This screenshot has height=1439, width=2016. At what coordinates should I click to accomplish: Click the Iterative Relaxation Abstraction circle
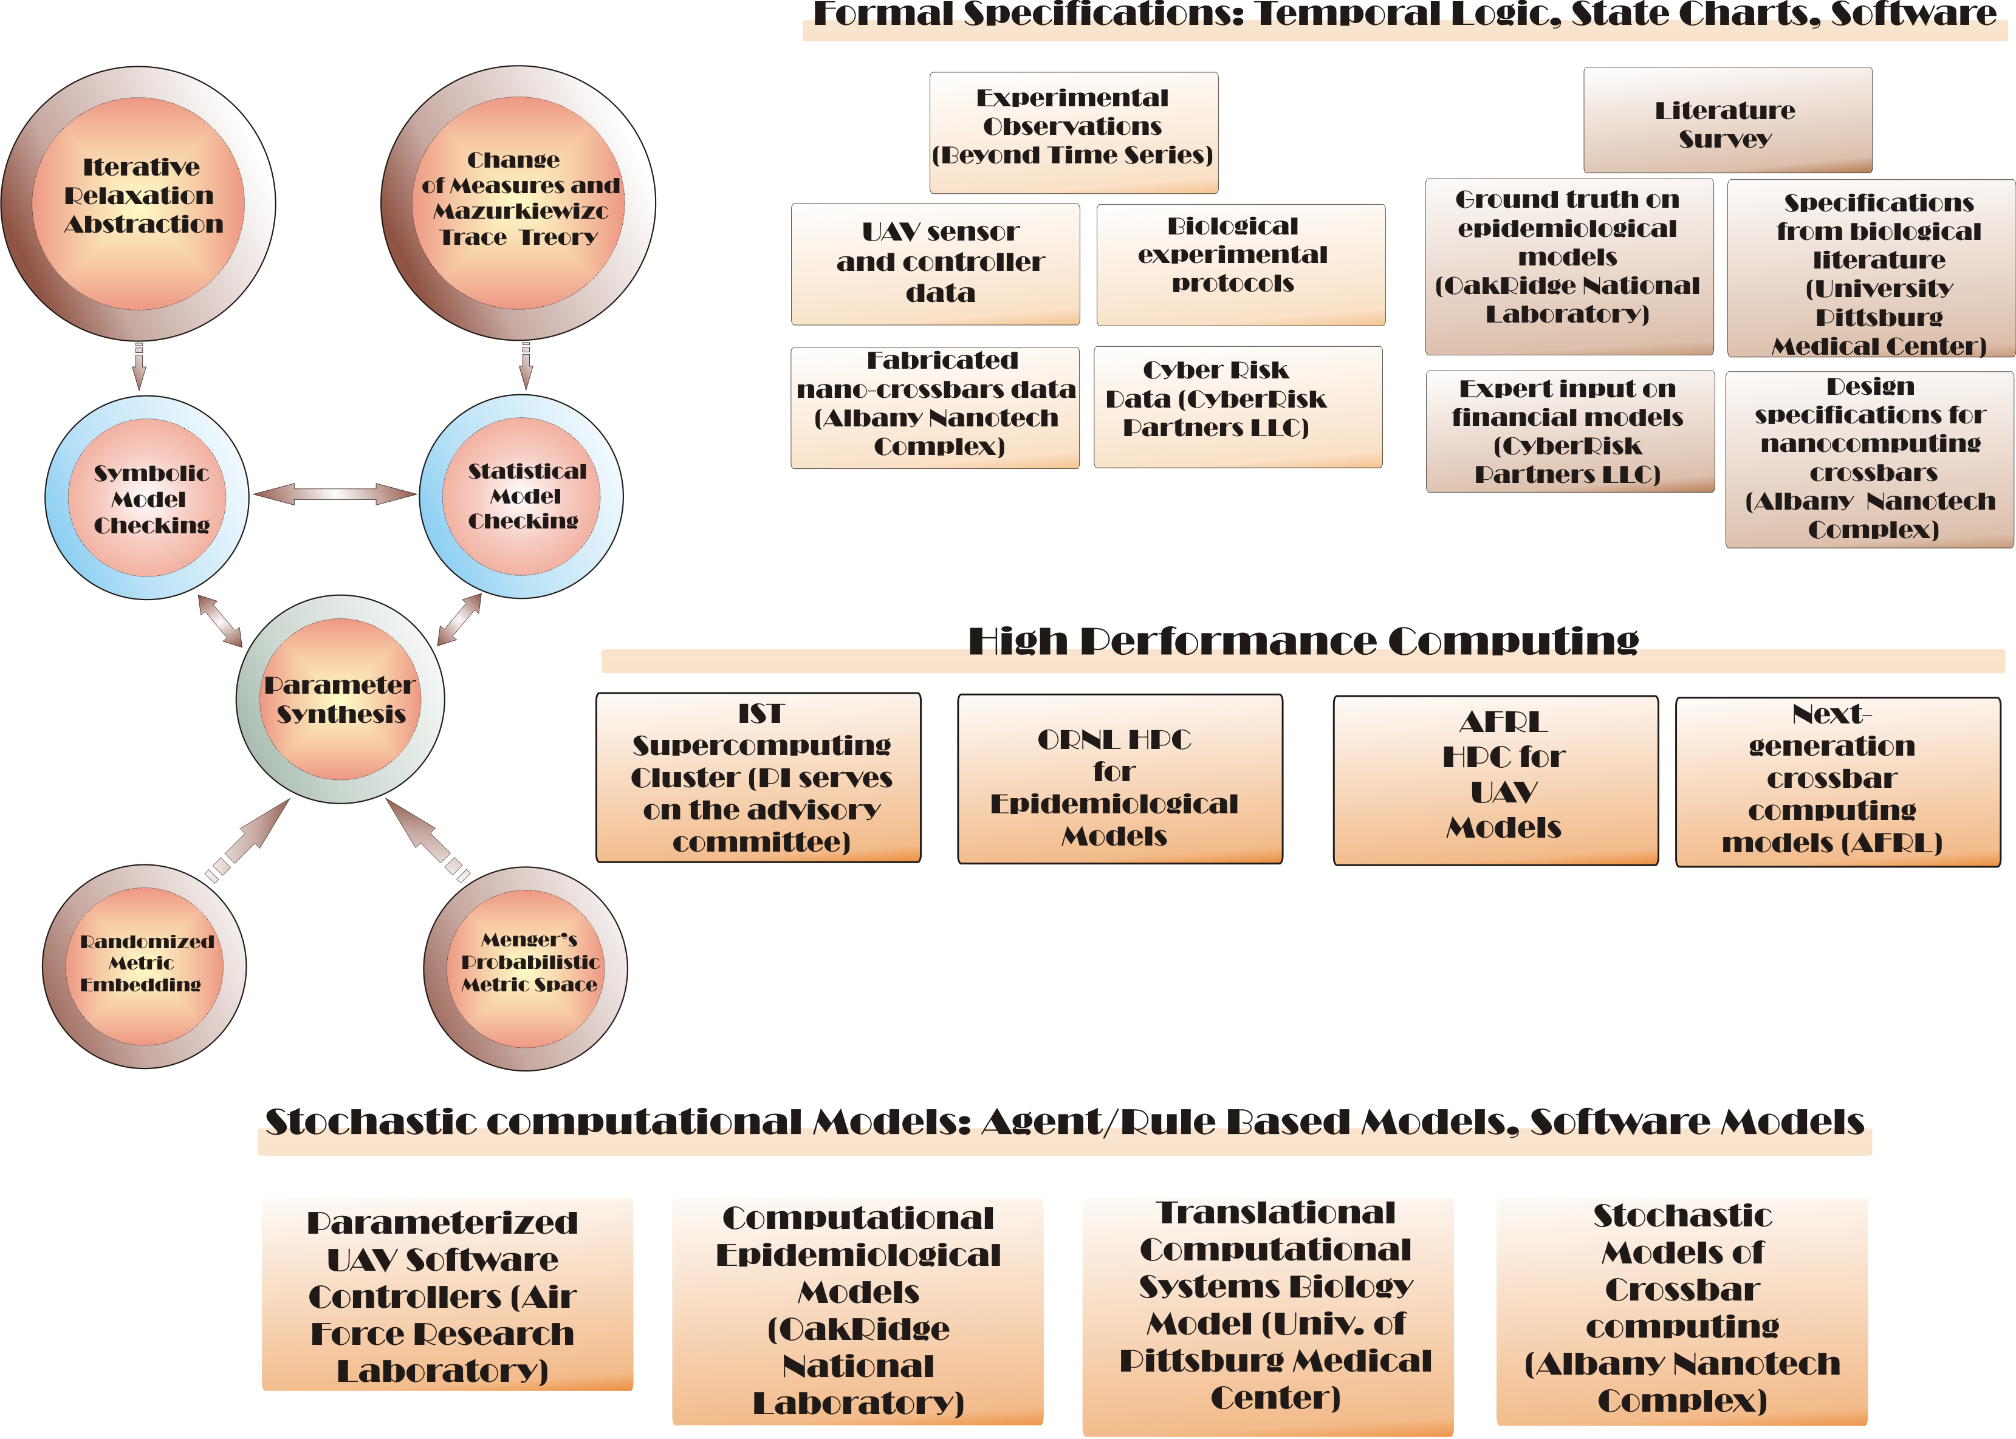click(x=139, y=202)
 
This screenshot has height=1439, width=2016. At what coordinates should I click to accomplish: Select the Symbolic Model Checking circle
click(x=147, y=497)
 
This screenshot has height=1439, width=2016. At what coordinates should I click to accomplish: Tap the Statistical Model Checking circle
click(x=521, y=496)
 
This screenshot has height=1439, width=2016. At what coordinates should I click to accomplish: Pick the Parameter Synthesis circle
click(x=340, y=699)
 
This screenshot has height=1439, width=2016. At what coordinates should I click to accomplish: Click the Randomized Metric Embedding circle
click(x=145, y=966)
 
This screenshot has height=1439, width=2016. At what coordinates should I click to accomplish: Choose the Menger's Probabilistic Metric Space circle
click(x=526, y=966)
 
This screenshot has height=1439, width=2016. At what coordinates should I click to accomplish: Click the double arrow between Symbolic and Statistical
click(x=334, y=494)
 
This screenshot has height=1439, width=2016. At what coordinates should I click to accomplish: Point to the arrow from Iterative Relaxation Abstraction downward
click(x=139, y=365)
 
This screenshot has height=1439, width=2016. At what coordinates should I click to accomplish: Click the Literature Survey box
click(x=1727, y=120)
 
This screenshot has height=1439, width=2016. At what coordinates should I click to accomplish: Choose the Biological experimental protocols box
click(x=1239, y=264)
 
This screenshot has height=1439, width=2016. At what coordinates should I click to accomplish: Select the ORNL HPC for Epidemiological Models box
click(x=1119, y=778)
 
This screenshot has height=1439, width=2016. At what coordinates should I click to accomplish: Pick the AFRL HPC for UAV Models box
click(x=1495, y=779)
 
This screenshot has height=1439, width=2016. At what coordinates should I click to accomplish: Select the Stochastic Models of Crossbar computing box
click(x=1681, y=1309)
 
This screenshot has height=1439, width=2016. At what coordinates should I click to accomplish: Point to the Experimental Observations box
click(x=1073, y=132)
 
